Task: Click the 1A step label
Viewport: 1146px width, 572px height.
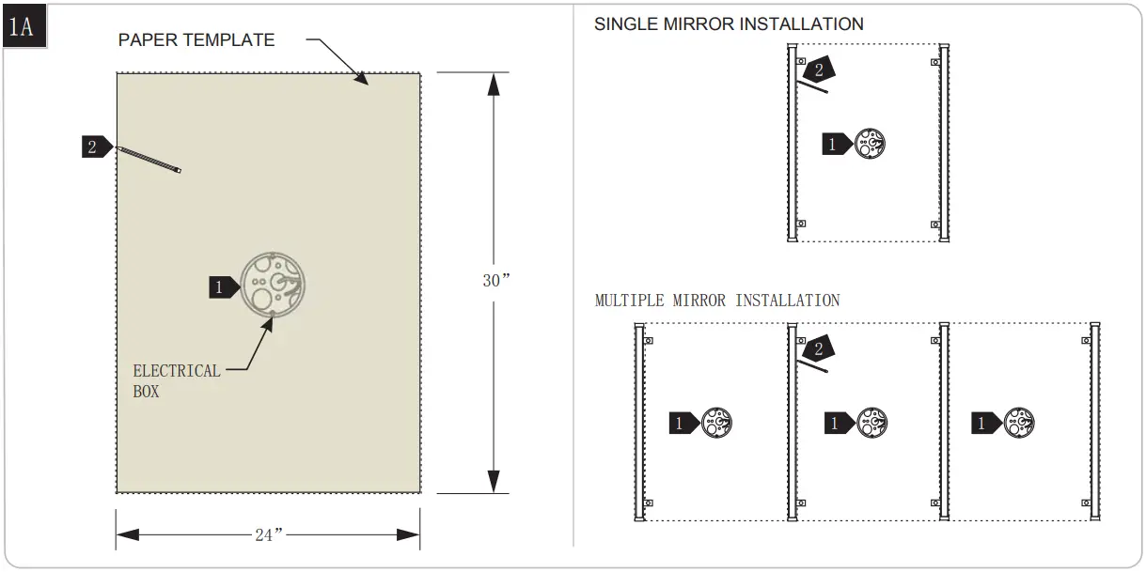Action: click(x=22, y=26)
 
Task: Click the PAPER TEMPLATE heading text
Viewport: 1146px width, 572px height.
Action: click(x=196, y=40)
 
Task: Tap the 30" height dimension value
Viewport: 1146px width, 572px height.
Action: click(x=495, y=281)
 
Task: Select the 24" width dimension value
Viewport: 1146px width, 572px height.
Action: click(x=269, y=535)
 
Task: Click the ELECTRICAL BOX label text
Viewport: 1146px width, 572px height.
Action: click(x=176, y=380)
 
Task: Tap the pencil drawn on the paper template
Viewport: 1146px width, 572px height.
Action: click(x=148, y=159)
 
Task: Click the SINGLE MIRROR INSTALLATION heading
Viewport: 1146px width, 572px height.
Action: click(x=729, y=24)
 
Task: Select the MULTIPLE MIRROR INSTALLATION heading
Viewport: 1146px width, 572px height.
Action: click(x=717, y=301)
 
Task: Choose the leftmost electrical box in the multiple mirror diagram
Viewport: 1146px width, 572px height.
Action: click(x=716, y=423)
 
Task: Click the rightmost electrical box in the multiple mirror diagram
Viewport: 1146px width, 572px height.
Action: click(x=1019, y=423)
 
